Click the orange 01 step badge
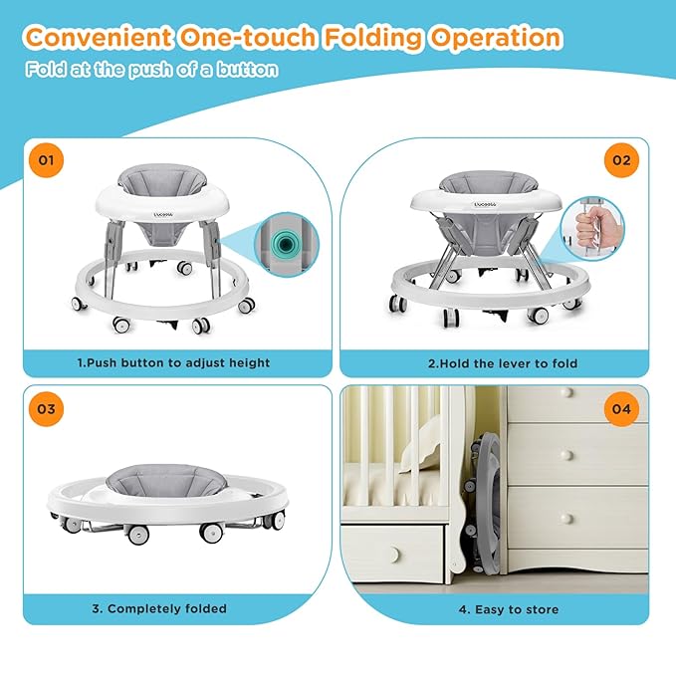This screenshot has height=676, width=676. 46,160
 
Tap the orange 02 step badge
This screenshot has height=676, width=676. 621,160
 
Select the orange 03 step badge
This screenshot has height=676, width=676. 46,409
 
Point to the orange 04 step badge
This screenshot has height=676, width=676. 621,409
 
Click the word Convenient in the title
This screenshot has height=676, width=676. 99,37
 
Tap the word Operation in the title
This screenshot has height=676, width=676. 496,38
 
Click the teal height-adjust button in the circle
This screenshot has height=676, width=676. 285,245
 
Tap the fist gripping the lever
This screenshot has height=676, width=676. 590,226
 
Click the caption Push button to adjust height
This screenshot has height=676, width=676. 174,362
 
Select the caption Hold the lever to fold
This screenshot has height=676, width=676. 503,363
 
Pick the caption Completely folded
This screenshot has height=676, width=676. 159,608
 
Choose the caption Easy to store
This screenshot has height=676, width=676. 509,609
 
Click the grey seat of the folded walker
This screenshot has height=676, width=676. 166,480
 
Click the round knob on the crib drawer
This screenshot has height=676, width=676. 394,555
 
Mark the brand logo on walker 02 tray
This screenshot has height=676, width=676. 486,204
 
